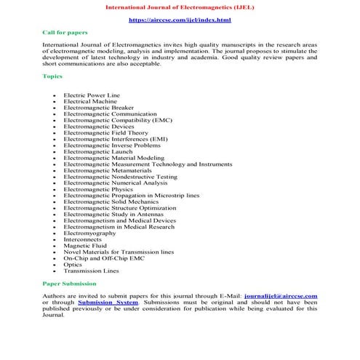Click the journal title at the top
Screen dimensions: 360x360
point(180,7)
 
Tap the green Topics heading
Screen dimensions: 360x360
point(52,76)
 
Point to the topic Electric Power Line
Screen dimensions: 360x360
point(92,95)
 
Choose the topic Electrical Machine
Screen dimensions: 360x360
point(91,101)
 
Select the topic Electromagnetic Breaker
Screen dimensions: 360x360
point(98,108)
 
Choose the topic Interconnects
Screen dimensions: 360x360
point(82,239)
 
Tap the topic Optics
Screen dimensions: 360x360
point(73,265)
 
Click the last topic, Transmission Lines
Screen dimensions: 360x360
point(91,271)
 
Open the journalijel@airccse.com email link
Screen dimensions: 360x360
point(281,297)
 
